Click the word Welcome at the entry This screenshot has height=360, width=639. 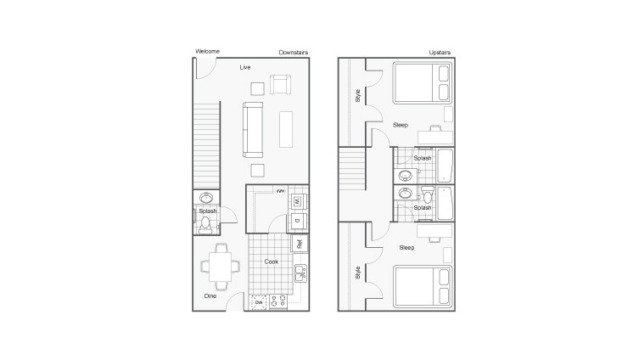click(207, 52)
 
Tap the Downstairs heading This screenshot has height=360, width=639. click(294, 53)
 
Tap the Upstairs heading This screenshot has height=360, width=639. click(439, 53)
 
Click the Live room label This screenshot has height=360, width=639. click(244, 66)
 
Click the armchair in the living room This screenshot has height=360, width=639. click(280, 84)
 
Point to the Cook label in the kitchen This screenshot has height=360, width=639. click(271, 262)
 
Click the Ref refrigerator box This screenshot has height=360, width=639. click(298, 243)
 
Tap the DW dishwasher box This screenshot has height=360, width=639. click(259, 301)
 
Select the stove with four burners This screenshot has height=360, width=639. click(279, 301)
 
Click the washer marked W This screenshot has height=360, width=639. click(297, 202)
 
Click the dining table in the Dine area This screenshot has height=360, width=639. click(221, 267)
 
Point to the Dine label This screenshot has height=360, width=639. click(210, 295)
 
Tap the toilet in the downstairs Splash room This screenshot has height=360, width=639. click(205, 224)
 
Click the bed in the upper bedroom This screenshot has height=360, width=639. click(423, 84)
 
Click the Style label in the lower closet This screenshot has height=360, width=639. click(357, 273)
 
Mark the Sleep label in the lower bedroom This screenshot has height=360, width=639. click(406, 248)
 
